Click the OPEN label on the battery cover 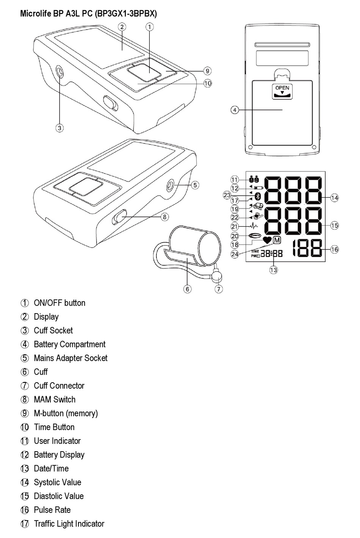click(x=282, y=88)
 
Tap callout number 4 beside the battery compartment click(x=235, y=110)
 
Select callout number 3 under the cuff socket click(x=59, y=128)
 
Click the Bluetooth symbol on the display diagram click(x=258, y=196)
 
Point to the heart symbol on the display click(x=267, y=240)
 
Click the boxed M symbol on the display click(x=277, y=240)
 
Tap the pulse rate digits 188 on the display click(x=307, y=249)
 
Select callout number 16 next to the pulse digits click(x=335, y=249)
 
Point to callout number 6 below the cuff click(x=188, y=289)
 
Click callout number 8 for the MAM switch click(x=164, y=217)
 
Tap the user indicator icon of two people click(x=254, y=180)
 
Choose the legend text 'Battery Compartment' click(x=70, y=344)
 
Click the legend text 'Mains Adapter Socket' click(x=70, y=358)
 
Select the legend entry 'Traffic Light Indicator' click(x=69, y=524)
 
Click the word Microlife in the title click(x=35, y=14)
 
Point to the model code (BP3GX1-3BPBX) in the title click(x=126, y=14)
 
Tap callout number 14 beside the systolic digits click(x=335, y=198)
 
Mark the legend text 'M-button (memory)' click(x=66, y=413)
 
